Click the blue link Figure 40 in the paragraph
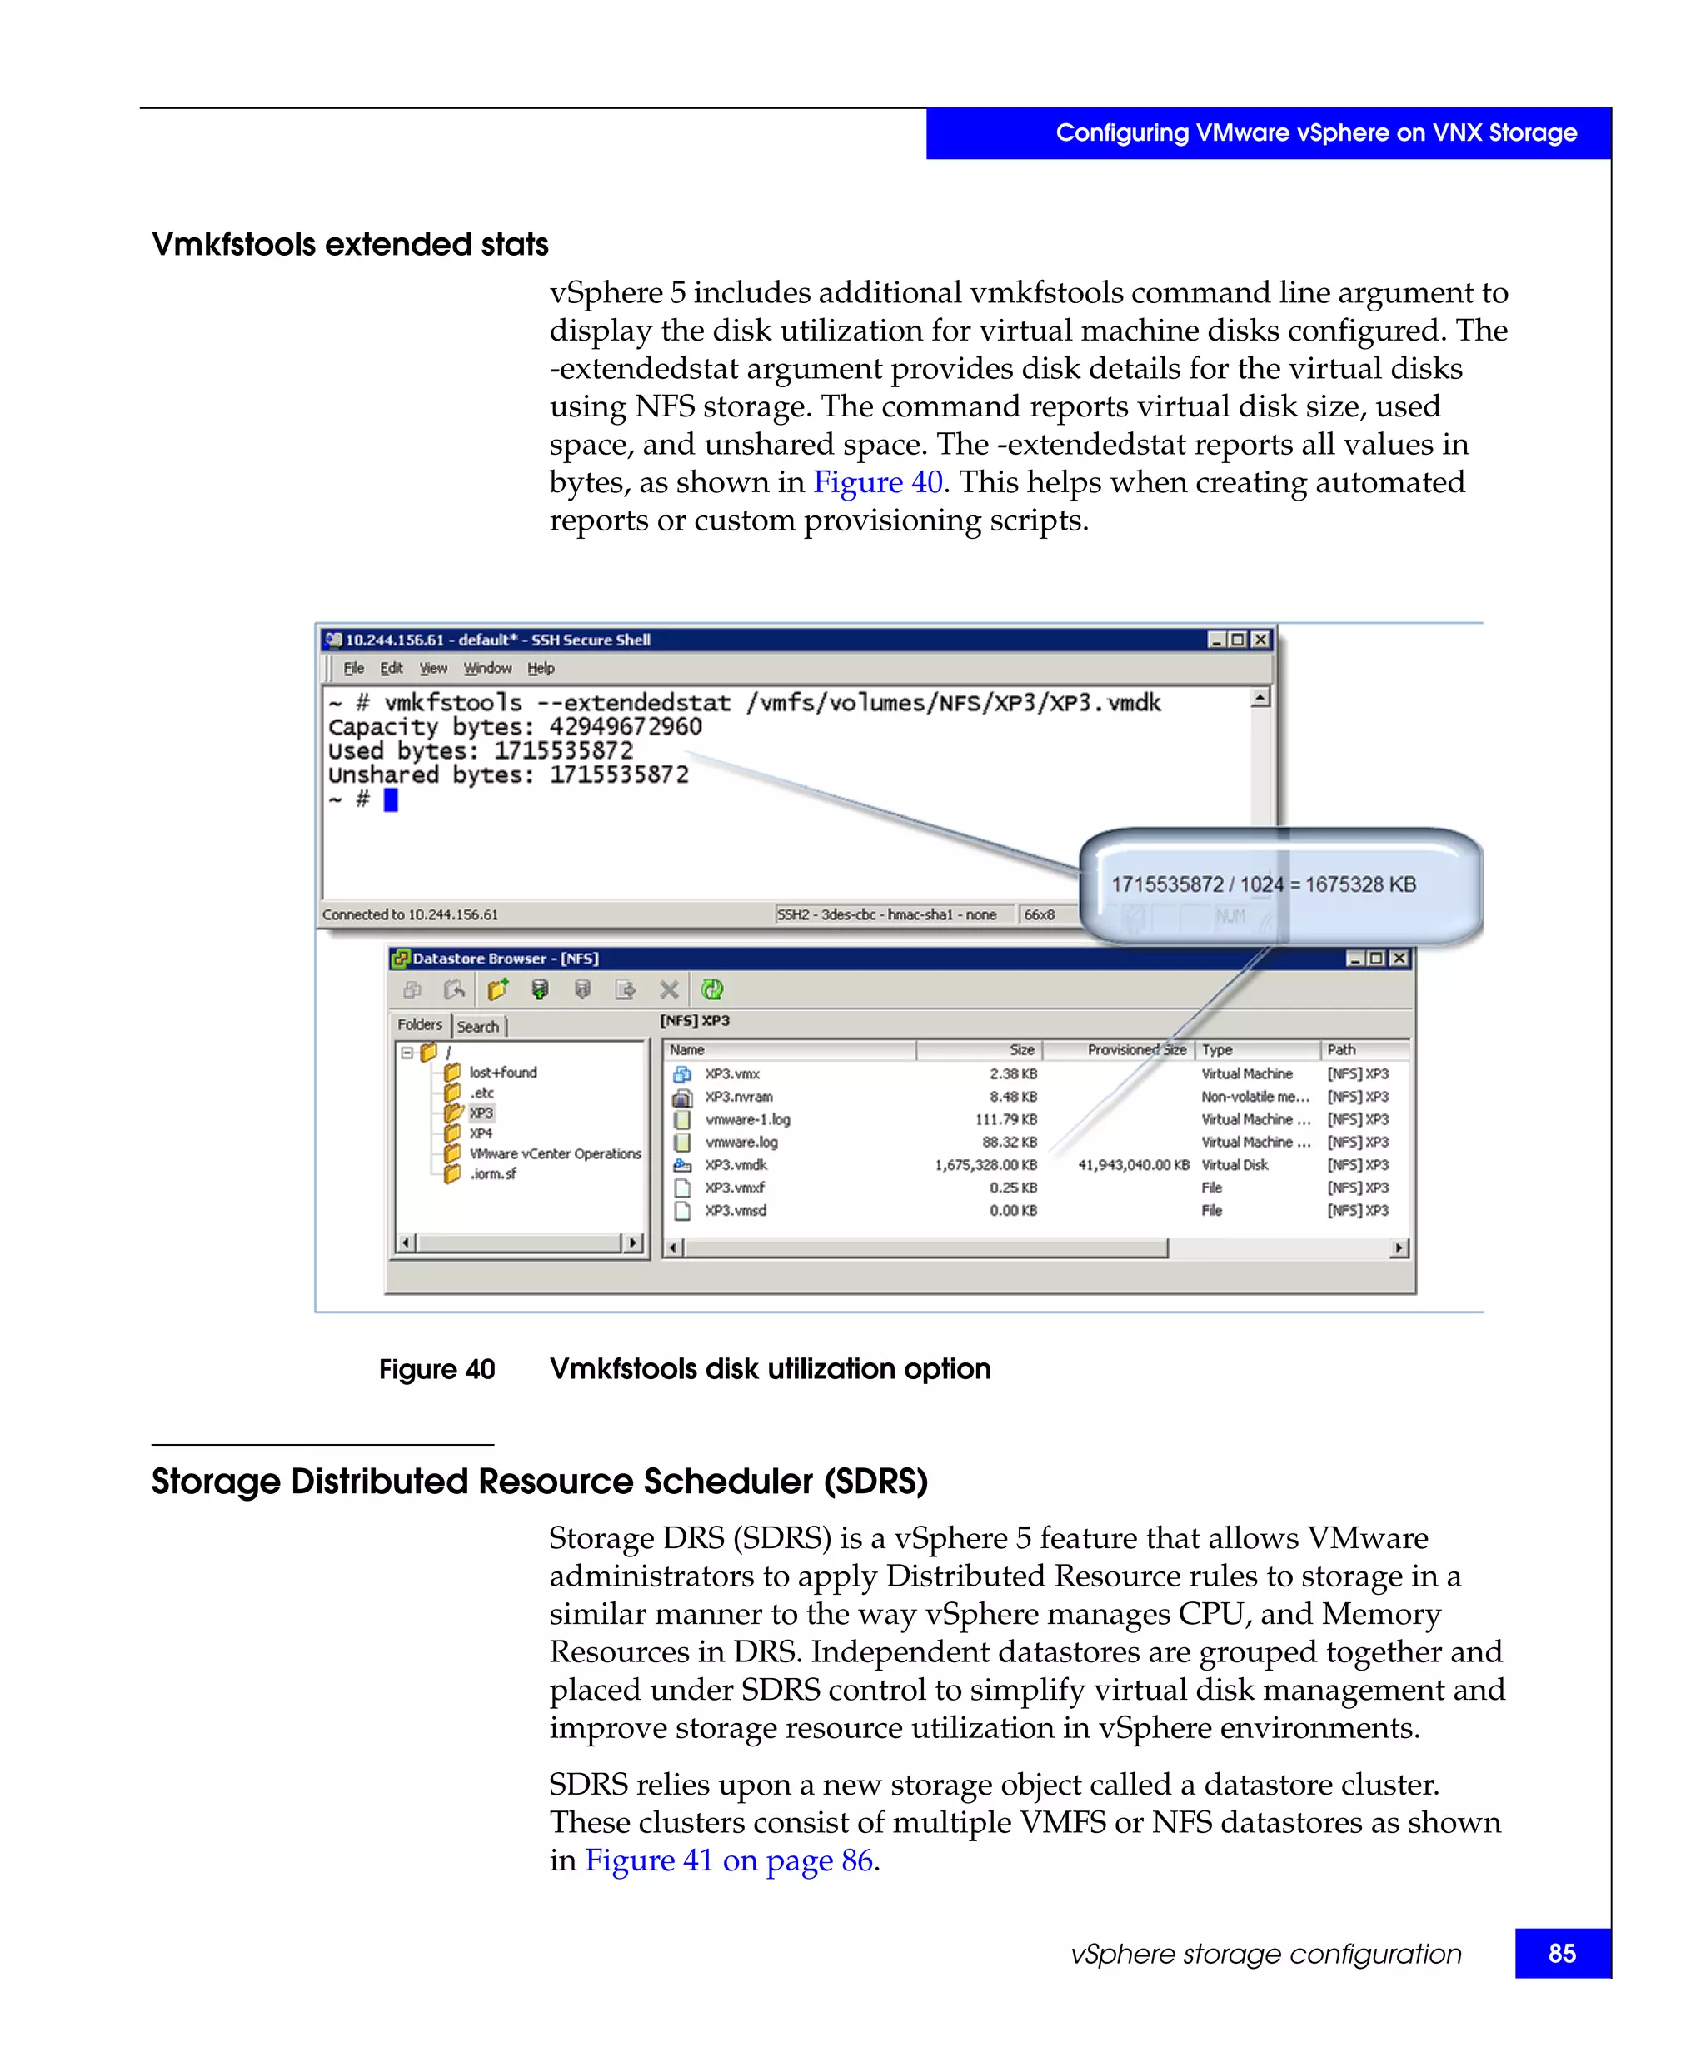point(876,481)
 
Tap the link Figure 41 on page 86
point(727,1860)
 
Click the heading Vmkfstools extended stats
point(349,244)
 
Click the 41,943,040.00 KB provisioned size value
point(1133,1165)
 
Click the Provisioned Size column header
point(1135,1050)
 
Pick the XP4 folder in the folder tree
point(481,1133)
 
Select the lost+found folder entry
point(502,1073)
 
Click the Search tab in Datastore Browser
point(477,1027)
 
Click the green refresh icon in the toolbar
point(711,989)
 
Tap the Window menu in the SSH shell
point(486,668)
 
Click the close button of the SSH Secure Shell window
point(1260,640)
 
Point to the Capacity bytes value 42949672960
point(625,726)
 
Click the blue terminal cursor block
point(390,799)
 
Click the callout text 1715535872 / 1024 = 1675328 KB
point(1263,884)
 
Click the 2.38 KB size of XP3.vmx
point(1013,1073)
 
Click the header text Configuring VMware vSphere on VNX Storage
point(1315,132)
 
